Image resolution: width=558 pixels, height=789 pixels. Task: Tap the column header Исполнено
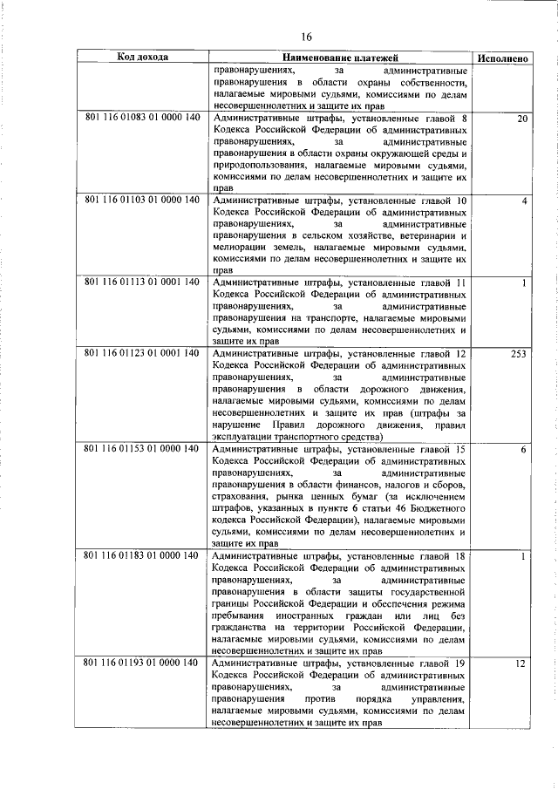(503, 58)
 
